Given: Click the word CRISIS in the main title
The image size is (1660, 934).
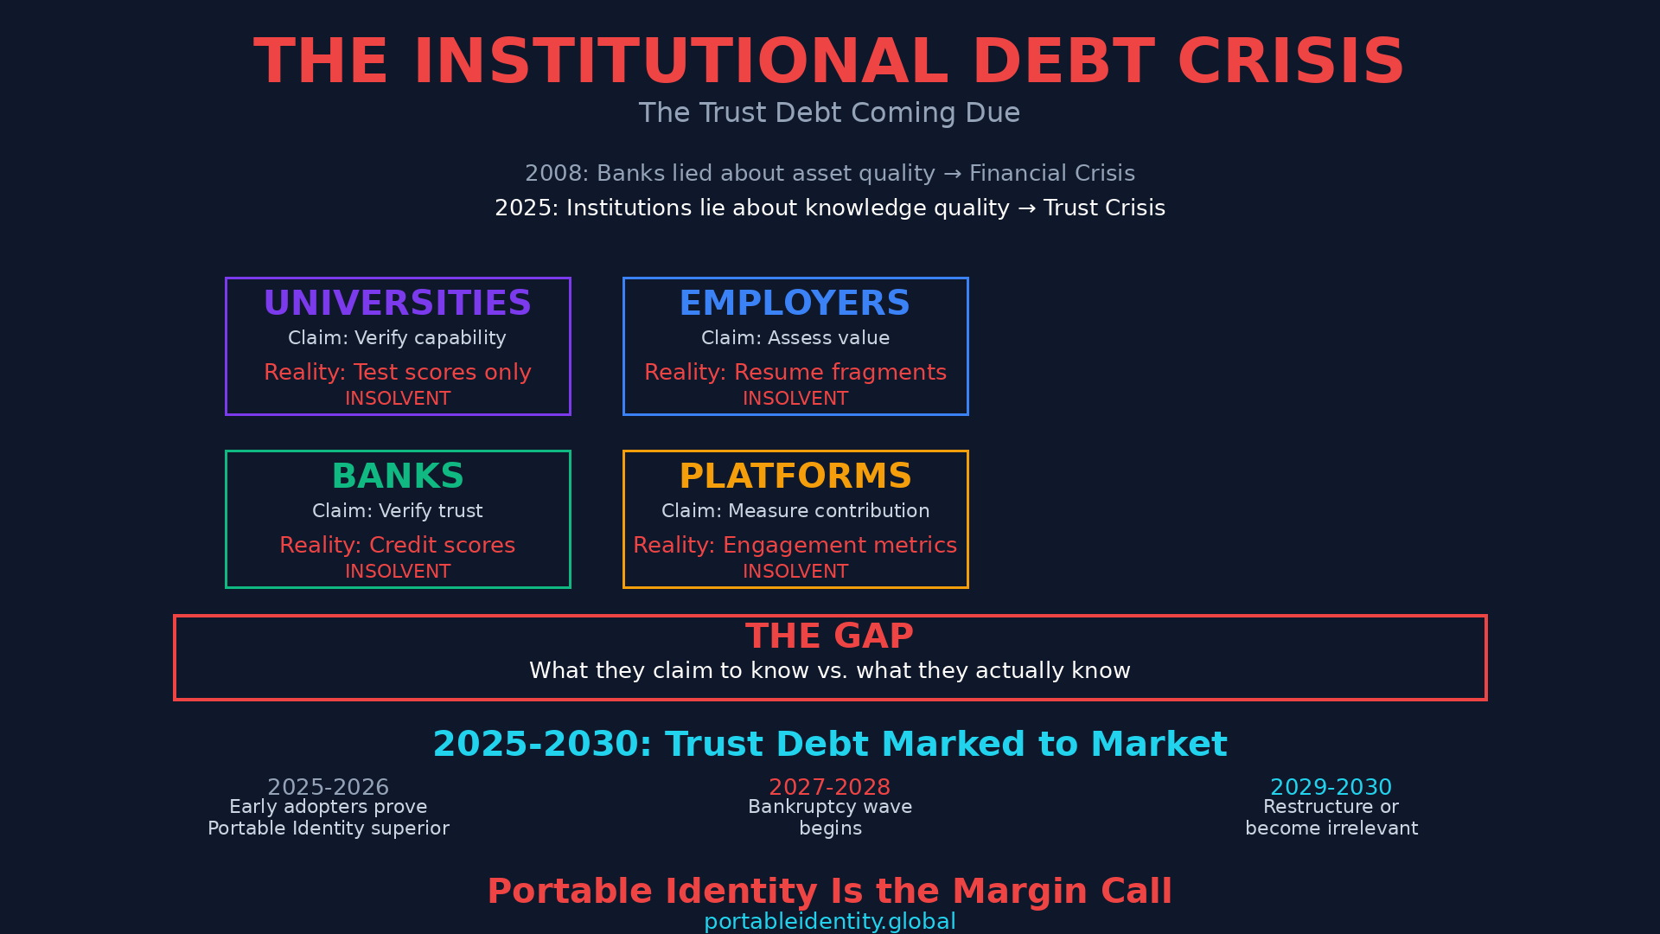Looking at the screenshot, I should [1291, 62].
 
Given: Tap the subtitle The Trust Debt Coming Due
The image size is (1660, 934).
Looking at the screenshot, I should [829, 113].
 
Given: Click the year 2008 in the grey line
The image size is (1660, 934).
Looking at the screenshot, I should [554, 174].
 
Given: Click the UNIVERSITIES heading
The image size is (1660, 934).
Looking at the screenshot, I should [398, 304].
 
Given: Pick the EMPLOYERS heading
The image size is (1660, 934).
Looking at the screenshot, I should [795, 304].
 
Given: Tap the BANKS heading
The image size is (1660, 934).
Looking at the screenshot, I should [398, 477].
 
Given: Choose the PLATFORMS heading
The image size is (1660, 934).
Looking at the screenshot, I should [795, 477].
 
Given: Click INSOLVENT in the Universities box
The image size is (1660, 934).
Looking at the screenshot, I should [398, 399].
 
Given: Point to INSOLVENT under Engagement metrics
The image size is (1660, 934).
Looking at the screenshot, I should [795, 572].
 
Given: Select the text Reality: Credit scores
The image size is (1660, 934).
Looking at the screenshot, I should [398, 546].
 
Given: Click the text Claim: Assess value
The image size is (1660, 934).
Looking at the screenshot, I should [795, 338].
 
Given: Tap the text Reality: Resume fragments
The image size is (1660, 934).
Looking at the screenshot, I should [795, 373].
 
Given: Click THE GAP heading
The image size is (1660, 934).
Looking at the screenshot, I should [829, 637].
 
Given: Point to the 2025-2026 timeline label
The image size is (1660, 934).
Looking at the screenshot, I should [328, 788].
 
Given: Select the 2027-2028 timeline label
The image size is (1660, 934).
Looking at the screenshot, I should [829, 788].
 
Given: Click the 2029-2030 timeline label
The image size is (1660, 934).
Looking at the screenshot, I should [1331, 788].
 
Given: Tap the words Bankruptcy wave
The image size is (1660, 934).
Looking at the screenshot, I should [829, 807].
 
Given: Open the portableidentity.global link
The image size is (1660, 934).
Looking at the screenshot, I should [829, 922].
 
